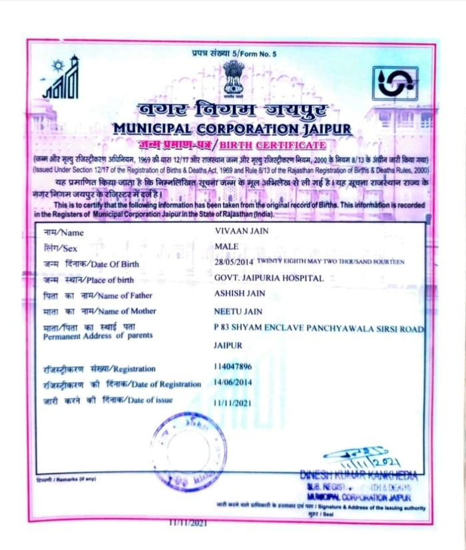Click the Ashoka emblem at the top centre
(234, 77)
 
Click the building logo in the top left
(61, 80)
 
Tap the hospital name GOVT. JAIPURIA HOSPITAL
(268, 278)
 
